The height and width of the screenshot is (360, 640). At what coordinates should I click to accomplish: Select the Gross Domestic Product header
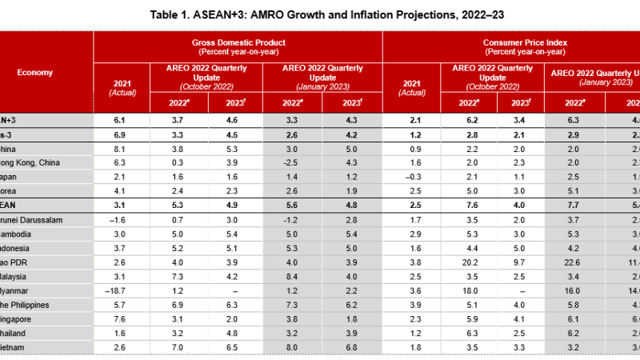(238, 42)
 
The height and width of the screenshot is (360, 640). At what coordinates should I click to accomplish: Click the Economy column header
(35, 73)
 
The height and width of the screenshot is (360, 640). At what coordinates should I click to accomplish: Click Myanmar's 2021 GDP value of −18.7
(121, 291)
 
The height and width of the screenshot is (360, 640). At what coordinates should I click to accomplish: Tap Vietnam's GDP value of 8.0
(293, 349)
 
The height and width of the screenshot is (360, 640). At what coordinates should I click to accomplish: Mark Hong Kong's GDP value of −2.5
(293, 162)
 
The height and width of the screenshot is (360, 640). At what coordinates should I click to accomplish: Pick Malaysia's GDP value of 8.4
(293, 277)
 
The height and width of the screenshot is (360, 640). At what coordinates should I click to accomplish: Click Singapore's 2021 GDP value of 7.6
(121, 320)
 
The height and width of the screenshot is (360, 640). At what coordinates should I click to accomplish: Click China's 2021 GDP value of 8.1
(121, 147)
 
